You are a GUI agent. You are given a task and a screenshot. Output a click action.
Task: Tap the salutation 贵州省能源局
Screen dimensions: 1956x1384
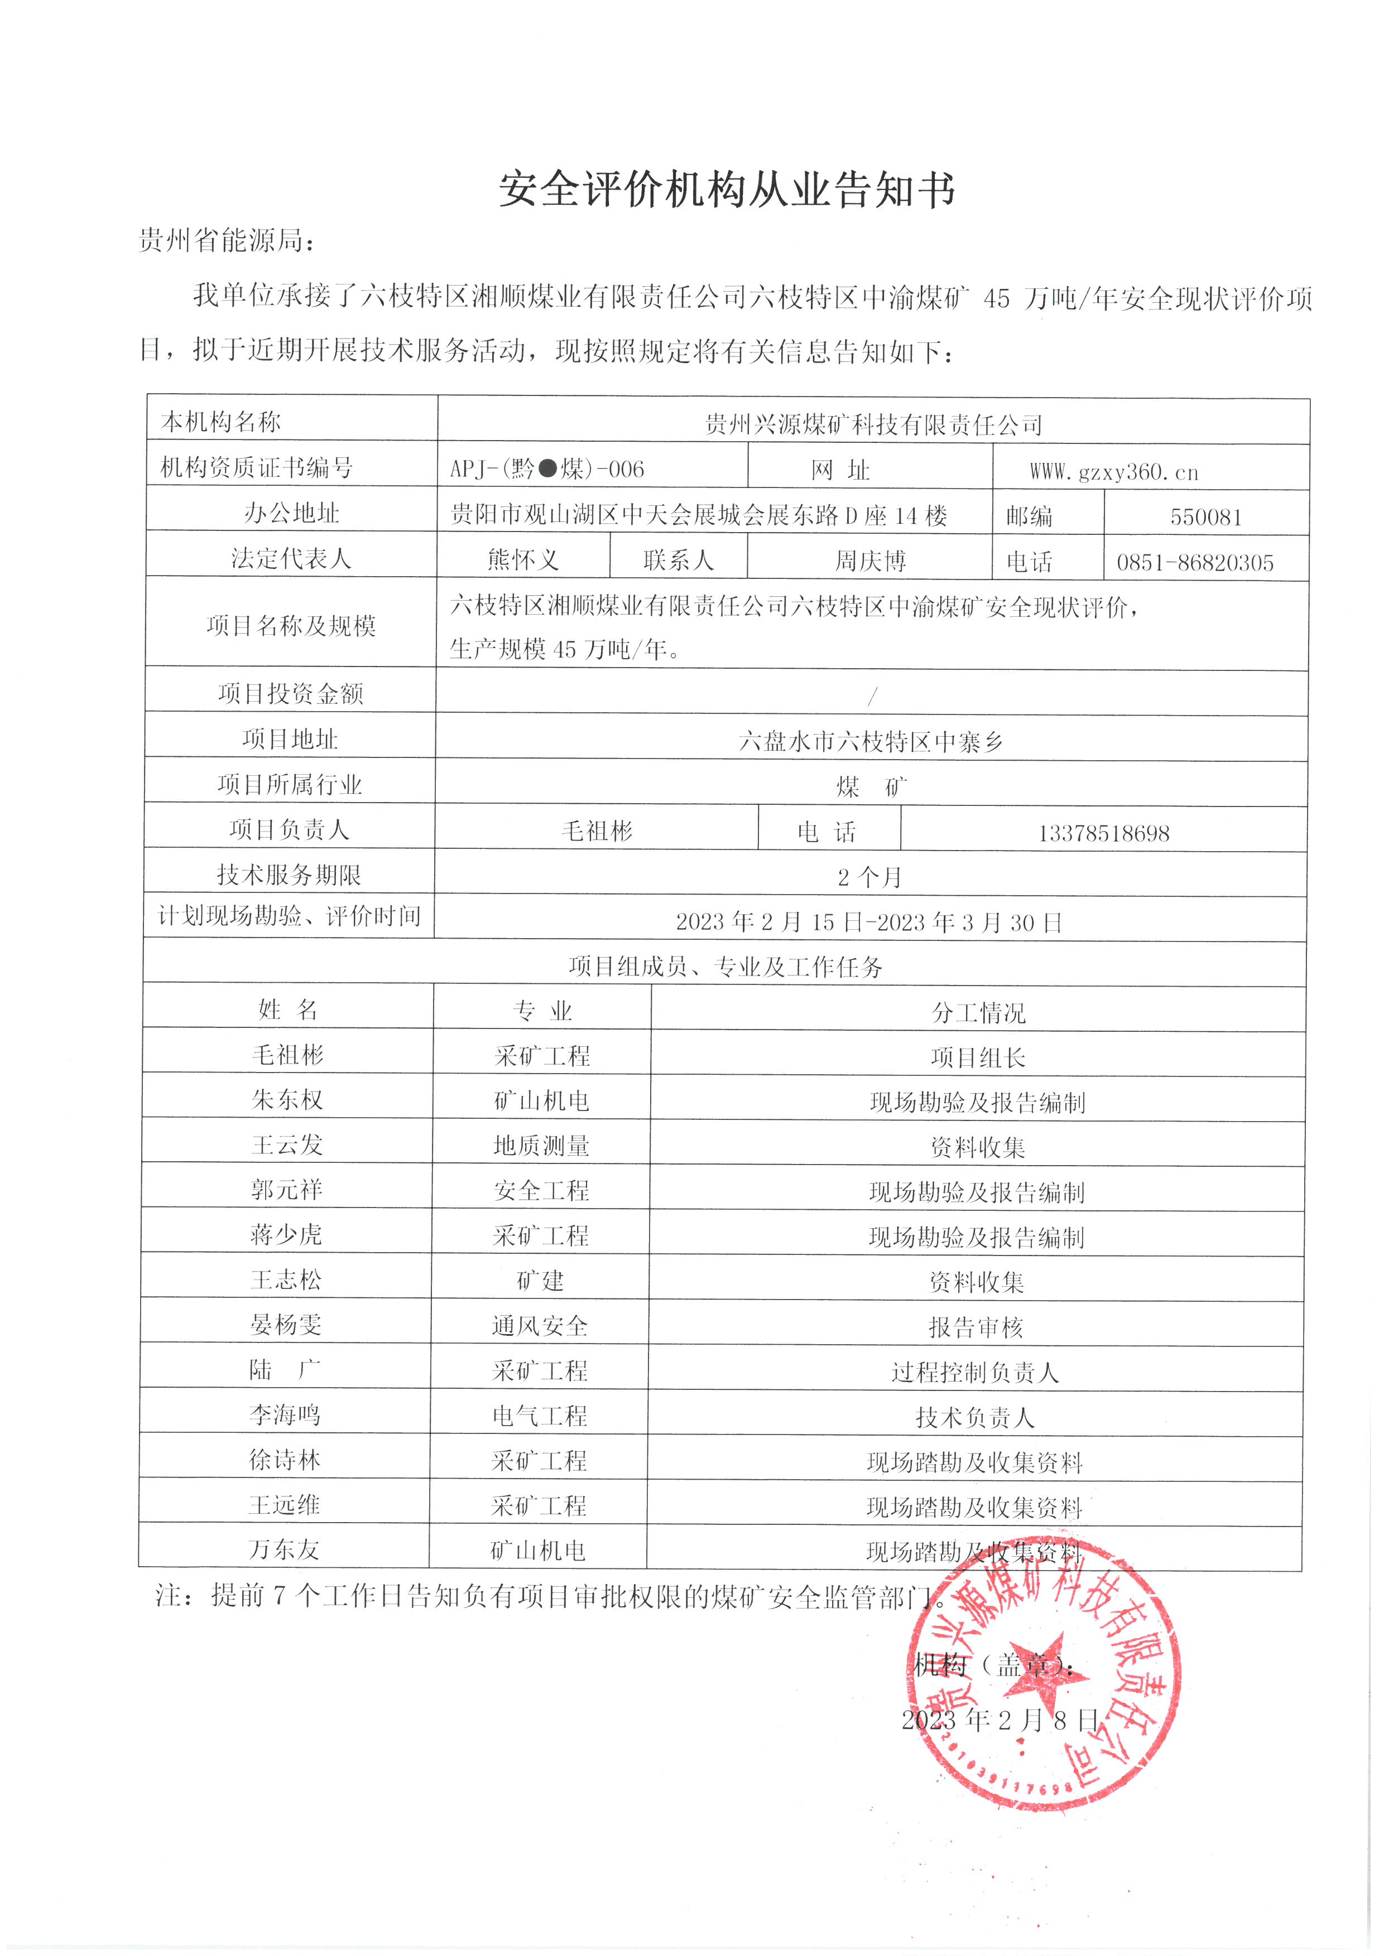click(x=226, y=241)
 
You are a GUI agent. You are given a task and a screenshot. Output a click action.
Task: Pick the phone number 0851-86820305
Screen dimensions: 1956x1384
click(x=1195, y=562)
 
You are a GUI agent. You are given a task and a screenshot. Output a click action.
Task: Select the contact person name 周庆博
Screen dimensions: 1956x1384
click(x=869, y=561)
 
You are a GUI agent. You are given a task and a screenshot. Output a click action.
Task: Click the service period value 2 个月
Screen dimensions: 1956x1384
click(x=869, y=877)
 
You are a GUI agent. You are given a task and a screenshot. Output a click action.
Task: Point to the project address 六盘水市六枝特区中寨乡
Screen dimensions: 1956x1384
click(x=870, y=741)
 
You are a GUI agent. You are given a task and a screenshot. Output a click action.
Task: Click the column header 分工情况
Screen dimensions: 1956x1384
click(x=978, y=1012)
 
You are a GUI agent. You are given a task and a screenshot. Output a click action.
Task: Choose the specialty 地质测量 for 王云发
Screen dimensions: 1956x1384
click(x=541, y=1146)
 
